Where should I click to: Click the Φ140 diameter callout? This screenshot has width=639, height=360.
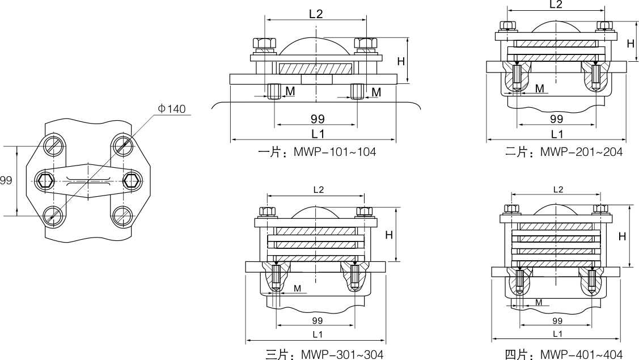[x=172, y=109]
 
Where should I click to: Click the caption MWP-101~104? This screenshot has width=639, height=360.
[x=335, y=152]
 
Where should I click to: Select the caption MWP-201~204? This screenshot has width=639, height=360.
[x=582, y=152]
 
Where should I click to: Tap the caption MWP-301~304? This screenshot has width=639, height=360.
[x=342, y=354]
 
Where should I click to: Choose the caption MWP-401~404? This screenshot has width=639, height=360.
[x=582, y=354]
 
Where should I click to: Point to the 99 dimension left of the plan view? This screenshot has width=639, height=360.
[x=6, y=180]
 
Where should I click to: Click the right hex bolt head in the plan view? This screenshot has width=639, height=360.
[x=132, y=180]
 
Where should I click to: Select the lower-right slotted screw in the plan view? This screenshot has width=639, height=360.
[x=122, y=215]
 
